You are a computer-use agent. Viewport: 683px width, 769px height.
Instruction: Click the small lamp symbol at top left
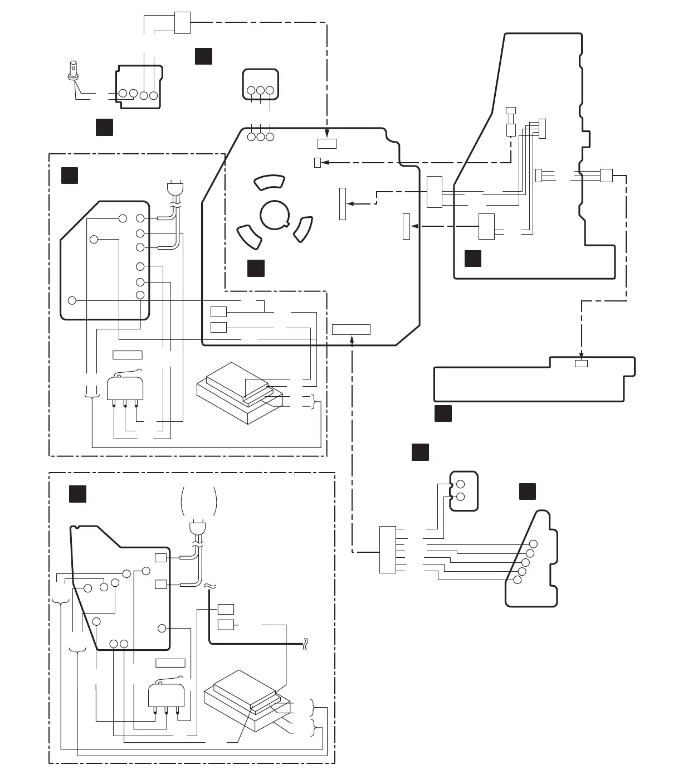click(72, 70)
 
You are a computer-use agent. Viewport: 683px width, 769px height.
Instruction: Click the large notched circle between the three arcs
click(275, 213)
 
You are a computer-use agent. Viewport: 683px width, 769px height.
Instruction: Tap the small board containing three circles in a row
click(260, 85)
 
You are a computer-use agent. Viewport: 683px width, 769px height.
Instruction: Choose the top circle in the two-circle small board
click(461, 484)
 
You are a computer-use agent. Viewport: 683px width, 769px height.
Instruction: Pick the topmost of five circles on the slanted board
click(533, 544)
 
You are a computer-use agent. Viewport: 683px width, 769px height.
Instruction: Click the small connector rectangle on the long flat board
click(581, 364)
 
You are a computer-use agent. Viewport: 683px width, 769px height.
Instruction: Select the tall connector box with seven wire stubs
click(388, 549)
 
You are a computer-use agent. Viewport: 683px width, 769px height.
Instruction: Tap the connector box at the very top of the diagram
click(182, 23)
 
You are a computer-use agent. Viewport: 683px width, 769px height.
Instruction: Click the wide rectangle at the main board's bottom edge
click(351, 329)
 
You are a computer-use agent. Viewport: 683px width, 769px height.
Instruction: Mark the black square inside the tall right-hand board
click(473, 259)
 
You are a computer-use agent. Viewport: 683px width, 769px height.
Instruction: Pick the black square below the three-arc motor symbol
click(256, 268)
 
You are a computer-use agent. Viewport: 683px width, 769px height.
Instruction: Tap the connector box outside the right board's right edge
click(606, 175)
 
